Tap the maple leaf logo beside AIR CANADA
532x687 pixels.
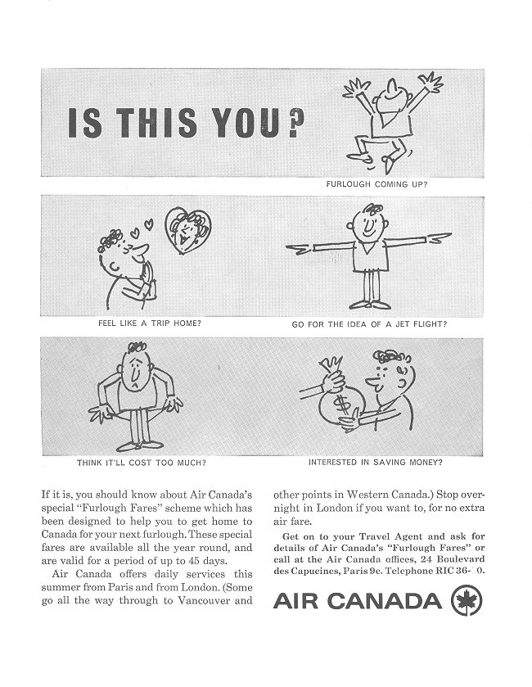[466, 602]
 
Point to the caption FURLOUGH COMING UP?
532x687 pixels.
[376, 183]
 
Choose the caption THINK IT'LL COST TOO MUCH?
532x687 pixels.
[142, 462]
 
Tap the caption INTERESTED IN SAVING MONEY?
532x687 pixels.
[376, 462]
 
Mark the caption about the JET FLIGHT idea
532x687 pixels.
[369, 323]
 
